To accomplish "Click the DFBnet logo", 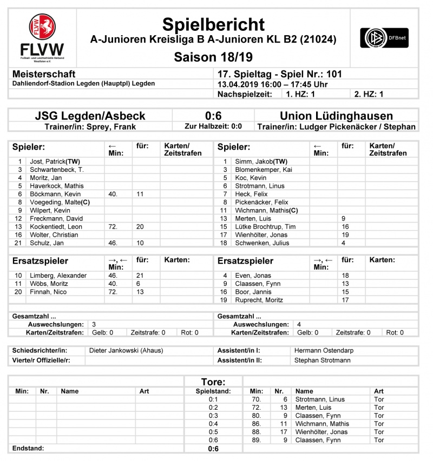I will click(385, 37).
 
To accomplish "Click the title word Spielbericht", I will click(213, 24).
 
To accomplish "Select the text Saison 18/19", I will click(213, 57).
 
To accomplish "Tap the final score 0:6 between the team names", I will click(213, 116).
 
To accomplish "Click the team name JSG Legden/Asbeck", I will click(90, 116).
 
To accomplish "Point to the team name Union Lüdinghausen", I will click(336, 116).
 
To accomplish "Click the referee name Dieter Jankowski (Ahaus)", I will click(126, 351).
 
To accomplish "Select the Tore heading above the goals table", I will click(213, 382).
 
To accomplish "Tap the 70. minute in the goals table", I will click(257, 399).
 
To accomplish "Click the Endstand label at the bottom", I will click(28, 448).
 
